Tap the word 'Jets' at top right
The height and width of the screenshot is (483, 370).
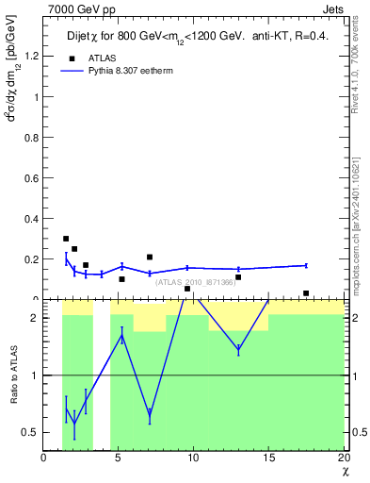pos(332,8)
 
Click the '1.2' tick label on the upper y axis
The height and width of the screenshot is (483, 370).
pos(32,56)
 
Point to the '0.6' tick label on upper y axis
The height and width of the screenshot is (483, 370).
pos(32,177)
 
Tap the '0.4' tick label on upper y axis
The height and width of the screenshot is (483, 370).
pos(32,219)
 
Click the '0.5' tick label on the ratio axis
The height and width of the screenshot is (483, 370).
pos(32,432)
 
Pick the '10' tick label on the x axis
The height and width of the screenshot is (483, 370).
pos(193,458)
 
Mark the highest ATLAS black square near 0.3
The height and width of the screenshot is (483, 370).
pos(66,239)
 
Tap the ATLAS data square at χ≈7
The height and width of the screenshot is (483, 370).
pos(150,257)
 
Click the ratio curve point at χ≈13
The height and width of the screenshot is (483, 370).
pos(238,349)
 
